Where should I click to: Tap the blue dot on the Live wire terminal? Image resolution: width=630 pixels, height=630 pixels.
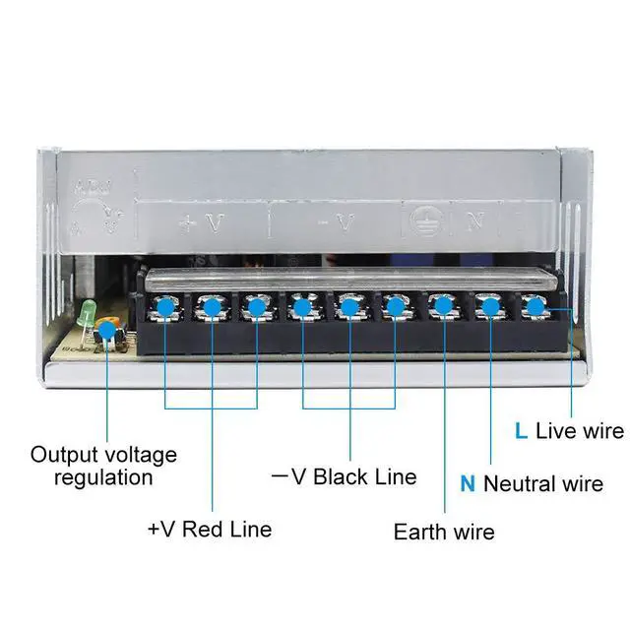535,307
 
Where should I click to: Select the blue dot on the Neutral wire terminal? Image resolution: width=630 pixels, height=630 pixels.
488,308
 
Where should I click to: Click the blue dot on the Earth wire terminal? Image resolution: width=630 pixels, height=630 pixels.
442,308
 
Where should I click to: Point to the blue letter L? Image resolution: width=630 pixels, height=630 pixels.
521,431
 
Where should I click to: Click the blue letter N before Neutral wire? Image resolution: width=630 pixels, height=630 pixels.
468,483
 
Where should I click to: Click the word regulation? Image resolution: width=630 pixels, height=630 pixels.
103,478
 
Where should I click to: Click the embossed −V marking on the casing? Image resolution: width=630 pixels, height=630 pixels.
336,222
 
